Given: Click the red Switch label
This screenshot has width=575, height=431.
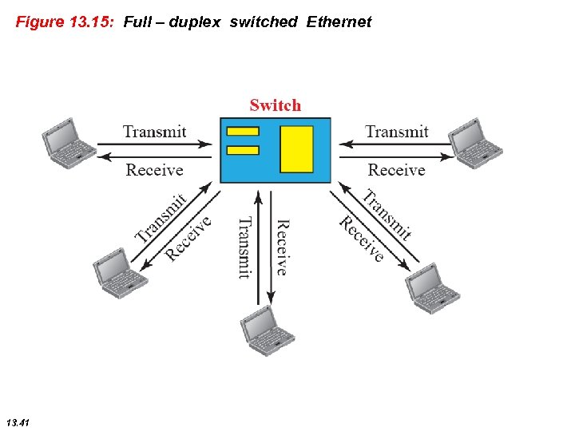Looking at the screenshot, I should tap(276, 105).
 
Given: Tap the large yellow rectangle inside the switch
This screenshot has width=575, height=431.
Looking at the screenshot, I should tap(296, 149).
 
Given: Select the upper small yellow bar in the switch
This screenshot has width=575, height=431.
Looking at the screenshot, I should tap(243, 132).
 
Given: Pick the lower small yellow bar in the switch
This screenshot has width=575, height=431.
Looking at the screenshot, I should tap(243, 150).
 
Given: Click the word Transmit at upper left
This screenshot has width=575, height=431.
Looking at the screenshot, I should tap(155, 132).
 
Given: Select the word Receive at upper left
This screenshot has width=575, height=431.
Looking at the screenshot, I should tap(155, 170).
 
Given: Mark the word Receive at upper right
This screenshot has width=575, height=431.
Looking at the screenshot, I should tap(396, 170).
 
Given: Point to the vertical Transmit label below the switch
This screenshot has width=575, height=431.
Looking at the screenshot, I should tap(245, 247).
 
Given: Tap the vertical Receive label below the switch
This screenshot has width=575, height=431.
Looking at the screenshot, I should tap(282, 247).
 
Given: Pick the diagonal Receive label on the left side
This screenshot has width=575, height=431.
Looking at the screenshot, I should tap(188, 238).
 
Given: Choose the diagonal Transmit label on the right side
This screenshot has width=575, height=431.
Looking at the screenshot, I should tap(387, 214).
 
